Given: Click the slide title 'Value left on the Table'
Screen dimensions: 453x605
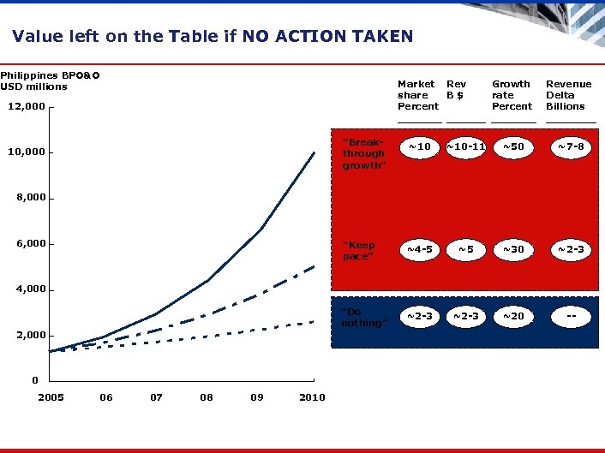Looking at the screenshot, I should tap(213, 36).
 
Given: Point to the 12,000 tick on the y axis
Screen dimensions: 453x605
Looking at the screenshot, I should tap(26, 107).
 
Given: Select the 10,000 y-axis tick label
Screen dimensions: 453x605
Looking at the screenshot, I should tap(26, 152).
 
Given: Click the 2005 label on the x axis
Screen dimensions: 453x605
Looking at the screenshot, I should tap(51, 397).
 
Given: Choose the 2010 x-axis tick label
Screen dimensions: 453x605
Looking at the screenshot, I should tap(312, 397).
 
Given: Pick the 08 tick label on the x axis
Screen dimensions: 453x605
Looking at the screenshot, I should tap(207, 397).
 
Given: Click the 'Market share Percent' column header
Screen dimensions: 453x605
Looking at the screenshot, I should tap(417, 95).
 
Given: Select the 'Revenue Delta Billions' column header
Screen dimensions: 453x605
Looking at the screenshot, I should tap(568, 95).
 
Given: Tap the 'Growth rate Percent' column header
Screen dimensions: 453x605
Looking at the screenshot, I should tap(512, 95).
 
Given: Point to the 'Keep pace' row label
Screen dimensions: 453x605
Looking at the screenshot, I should tap(359, 251).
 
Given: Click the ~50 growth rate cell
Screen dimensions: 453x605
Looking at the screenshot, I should tap(512, 147).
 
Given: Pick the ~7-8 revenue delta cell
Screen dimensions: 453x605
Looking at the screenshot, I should tap(569, 147).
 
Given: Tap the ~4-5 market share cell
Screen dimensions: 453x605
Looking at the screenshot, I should tap(419, 250).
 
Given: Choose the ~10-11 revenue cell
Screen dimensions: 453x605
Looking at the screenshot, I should tap(465, 147).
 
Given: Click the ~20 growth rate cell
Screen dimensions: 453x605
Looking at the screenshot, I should tap(512, 317).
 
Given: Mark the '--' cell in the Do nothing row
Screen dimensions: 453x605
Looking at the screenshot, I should tap(569, 317).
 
